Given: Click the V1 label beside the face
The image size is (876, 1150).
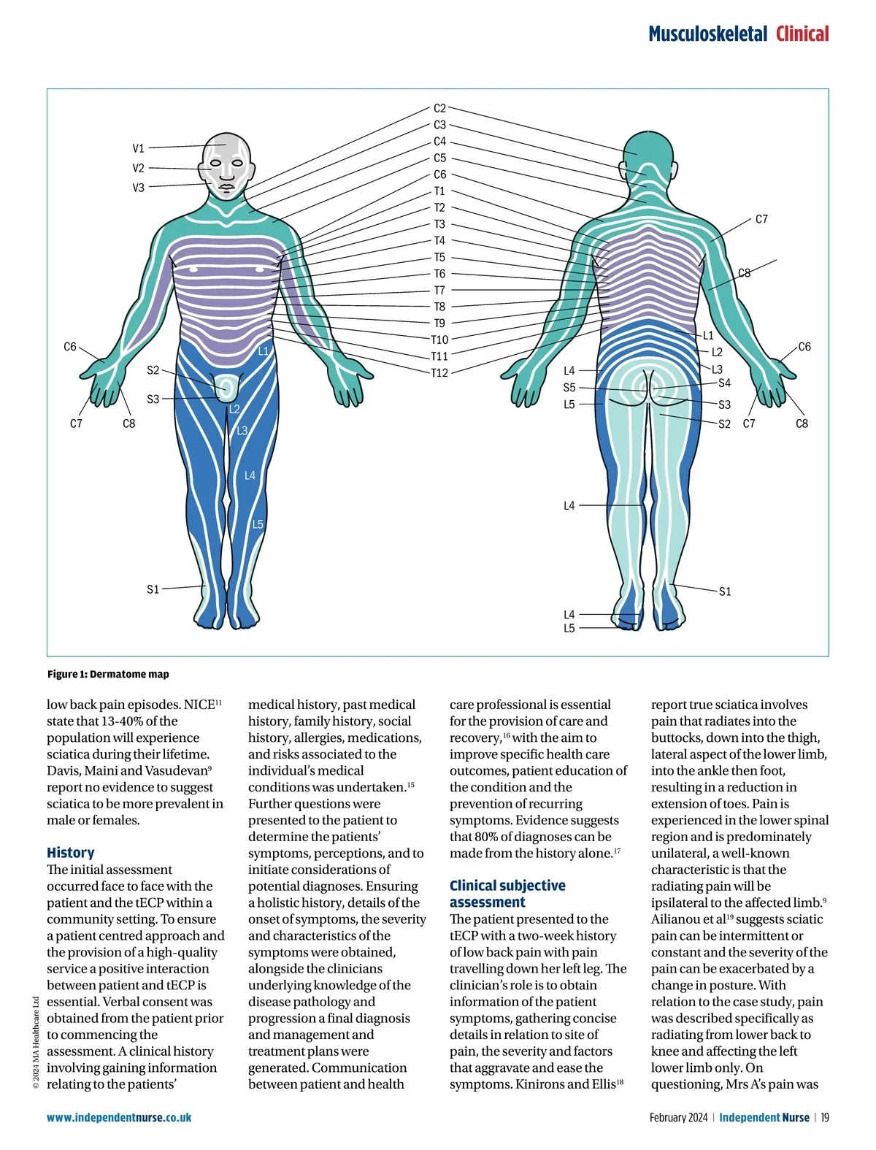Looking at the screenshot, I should point(139,148).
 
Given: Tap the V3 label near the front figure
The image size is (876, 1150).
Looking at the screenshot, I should point(139,188).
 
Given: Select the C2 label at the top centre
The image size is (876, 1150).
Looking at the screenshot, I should point(439,108).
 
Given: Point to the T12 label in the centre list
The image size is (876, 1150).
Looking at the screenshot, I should point(439,373).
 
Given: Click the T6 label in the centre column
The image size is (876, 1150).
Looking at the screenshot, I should point(439,274).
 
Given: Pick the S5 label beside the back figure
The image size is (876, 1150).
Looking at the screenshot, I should point(569,388).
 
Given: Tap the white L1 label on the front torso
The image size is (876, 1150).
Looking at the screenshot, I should point(264,351).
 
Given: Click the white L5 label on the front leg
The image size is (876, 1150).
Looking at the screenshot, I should point(258,524).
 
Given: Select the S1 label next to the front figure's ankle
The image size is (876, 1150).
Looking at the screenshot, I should point(153,589).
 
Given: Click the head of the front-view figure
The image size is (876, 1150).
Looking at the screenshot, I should point(227,164).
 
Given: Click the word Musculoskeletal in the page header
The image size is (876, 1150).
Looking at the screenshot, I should point(707,34).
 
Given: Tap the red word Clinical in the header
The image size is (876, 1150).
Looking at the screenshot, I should point(802,34).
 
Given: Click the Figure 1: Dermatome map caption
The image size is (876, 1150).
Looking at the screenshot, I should point(108,674).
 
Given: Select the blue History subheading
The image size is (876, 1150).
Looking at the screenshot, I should point(71,852).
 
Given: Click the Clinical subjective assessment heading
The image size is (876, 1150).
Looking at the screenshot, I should point(507,894).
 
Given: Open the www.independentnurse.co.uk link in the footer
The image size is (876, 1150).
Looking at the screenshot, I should point(119,1117).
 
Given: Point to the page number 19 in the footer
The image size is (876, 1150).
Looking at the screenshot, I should point(825,1117).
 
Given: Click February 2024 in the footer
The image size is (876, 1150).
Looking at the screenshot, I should point(678,1117).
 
